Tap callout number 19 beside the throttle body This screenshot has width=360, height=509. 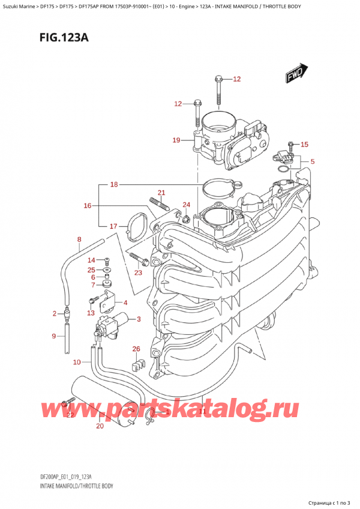pos(176,140)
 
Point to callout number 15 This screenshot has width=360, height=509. pos(304,144)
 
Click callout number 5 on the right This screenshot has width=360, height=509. pos(312,161)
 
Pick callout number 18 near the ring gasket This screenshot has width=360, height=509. pos(114,185)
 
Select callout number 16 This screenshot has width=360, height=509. pos(88,206)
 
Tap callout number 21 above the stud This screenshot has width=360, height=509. pos(161,193)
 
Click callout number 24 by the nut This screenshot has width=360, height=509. pos(186,205)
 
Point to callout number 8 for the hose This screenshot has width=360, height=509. pos(79,240)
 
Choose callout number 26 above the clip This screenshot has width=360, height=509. pos(136,349)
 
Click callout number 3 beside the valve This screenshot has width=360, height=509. pos(139,319)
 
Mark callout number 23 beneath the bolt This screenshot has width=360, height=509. pos(139,273)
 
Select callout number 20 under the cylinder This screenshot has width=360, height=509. pos(100,426)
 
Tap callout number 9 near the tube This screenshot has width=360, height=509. pos(55,336)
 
